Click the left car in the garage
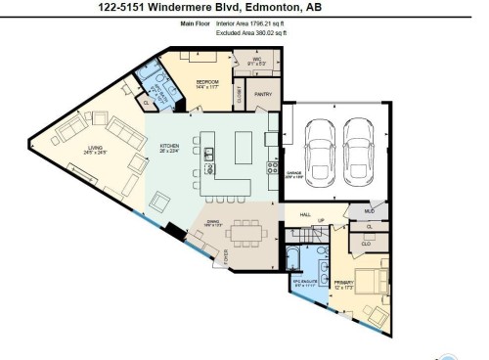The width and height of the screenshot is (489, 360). point(320,147)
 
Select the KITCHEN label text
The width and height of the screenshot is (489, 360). point(170,149)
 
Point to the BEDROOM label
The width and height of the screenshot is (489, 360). point(206,83)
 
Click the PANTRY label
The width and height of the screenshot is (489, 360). point(262,95)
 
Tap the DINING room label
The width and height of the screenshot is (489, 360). point(213,224)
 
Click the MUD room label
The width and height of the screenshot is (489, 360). point(369,210)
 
